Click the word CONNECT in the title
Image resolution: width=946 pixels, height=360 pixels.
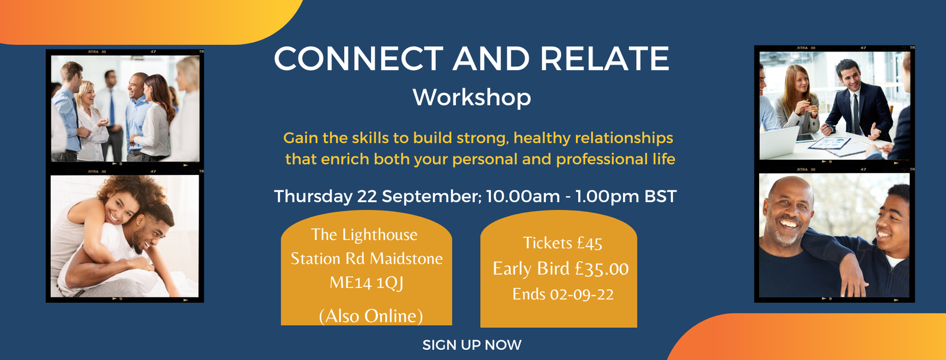point(358,59)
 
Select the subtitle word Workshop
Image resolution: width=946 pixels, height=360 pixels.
point(472,98)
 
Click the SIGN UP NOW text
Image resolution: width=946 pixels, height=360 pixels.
point(472,345)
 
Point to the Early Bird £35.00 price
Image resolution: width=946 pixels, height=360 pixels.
point(561,269)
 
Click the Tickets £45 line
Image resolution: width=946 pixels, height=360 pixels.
point(562,243)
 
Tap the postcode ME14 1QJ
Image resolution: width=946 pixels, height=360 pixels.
point(367,283)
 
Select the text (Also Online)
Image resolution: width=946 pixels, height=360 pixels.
point(371,316)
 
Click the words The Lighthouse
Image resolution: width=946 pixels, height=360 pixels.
point(364,235)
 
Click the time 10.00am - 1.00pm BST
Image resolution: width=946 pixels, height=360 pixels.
point(581,196)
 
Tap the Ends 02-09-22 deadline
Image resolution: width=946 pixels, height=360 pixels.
point(563,294)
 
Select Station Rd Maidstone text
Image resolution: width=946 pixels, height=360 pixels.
point(367,259)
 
